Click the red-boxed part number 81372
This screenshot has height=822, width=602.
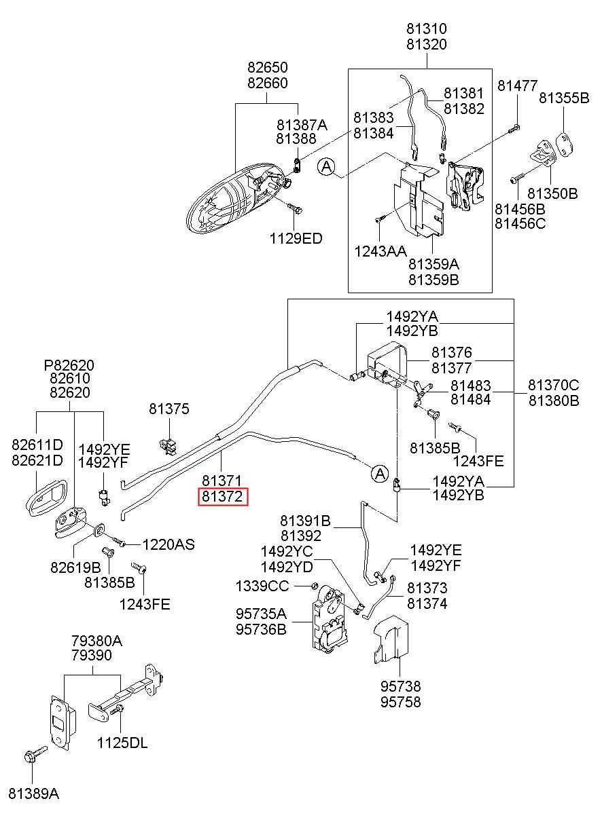pos(223,497)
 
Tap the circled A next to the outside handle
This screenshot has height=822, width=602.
pos(327,167)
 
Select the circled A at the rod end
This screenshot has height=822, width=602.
pos(380,473)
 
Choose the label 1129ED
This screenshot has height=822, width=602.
pos(296,239)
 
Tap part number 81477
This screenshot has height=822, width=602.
pos(517,86)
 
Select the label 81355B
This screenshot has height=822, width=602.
pos(564,98)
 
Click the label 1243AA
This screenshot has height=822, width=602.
pos(380,251)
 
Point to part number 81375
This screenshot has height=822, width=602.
pos(169,409)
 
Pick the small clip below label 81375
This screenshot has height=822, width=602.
pos(169,446)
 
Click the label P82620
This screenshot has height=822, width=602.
pos(69,365)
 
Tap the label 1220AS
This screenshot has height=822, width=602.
pos(169,544)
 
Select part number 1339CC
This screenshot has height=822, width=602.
pos(262,586)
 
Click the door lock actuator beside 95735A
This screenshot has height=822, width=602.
pos(329,620)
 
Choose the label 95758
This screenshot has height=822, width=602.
pos(400,702)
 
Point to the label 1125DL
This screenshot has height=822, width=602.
pos(122,743)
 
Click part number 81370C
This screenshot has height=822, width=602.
pos(554,385)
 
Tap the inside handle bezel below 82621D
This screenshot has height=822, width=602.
pos(47,498)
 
